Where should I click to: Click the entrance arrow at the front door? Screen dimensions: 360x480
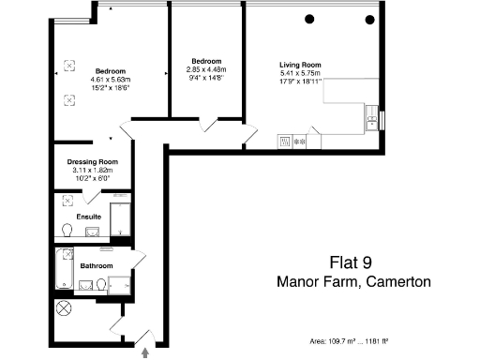pos(145,353)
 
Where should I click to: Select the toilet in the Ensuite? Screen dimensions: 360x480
pos(67,229)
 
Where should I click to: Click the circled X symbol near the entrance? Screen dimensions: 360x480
pos(64,307)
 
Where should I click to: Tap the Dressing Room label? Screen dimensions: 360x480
pos(90,161)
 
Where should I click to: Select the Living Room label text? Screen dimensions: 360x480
pos(300,64)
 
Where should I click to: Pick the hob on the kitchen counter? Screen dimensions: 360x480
pos(301,142)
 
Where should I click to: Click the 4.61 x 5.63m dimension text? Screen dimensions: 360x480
pos(111,79)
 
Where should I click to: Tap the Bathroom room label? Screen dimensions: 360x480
pos(97,266)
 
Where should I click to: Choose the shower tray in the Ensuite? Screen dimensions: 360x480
pos(121,219)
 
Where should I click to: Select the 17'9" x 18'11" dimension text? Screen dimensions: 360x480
pos(300,81)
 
